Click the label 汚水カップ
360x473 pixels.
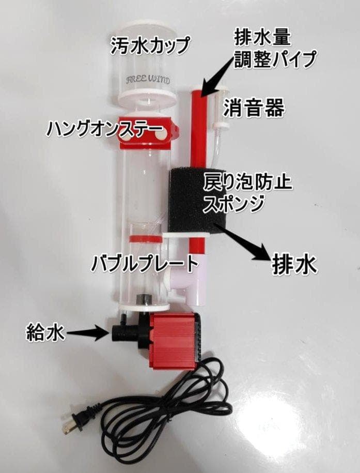coord(150,46)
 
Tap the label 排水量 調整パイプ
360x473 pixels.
coord(274,49)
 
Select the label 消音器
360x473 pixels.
coord(254,109)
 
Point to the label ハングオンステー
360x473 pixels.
coord(101,128)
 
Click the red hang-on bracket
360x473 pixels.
coord(147,134)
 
